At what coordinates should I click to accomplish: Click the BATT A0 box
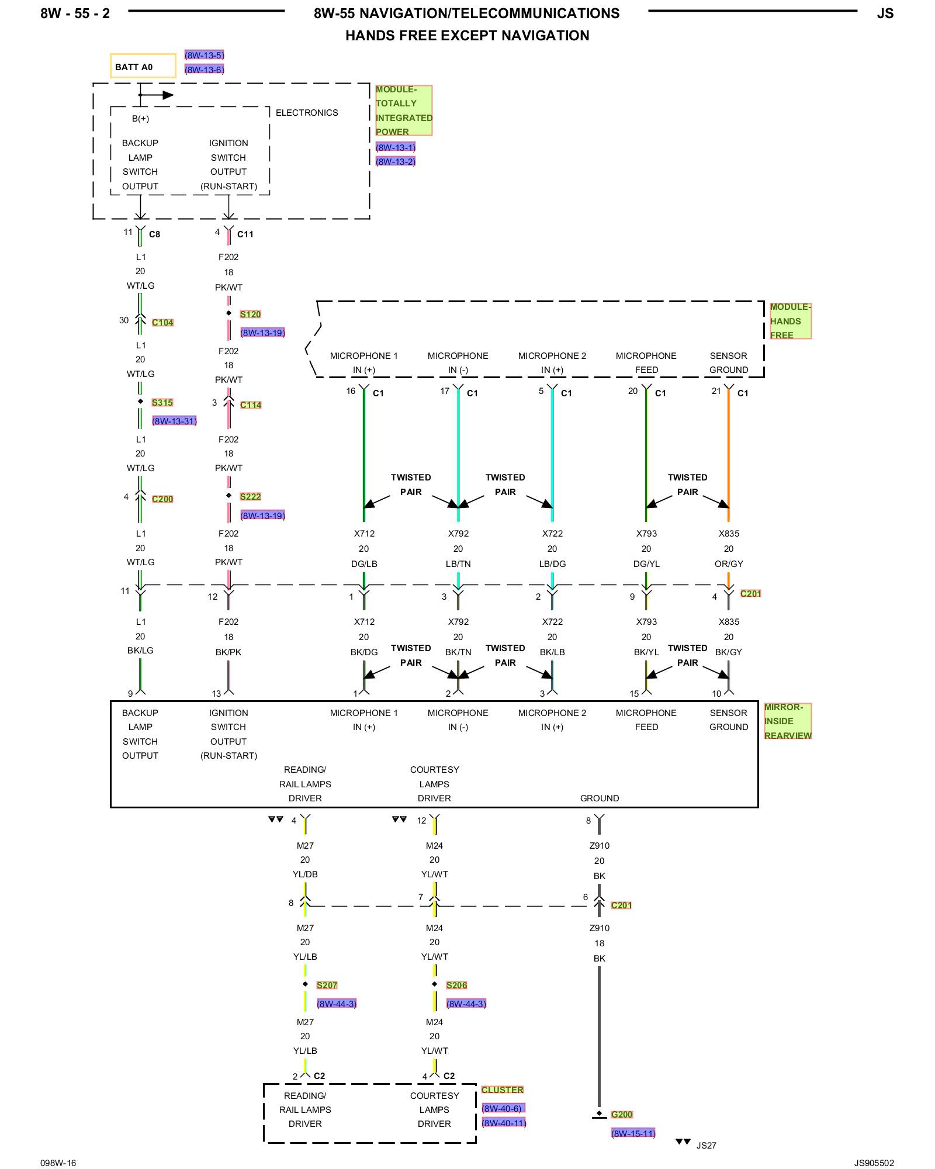point(143,66)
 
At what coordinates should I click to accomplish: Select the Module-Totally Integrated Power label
point(403,110)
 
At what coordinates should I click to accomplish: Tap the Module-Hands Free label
point(789,321)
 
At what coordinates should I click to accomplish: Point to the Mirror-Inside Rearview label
point(787,721)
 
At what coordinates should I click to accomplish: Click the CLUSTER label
point(502,1090)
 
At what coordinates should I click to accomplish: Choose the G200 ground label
point(622,1115)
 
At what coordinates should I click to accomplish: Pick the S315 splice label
point(162,403)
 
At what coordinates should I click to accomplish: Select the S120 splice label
point(250,314)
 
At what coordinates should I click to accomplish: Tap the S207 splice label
point(327,985)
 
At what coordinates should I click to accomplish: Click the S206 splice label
point(456,985)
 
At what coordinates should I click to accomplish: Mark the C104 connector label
point(162,323)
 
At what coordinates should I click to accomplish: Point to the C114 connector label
point(251,405)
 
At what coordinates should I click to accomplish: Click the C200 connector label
point(162,499)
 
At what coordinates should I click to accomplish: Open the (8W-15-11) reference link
point(633,1133)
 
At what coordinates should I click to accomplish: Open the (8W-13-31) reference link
point(174,421)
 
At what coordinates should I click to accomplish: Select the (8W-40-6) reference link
point(503,1108)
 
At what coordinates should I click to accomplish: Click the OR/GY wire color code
point(729,564)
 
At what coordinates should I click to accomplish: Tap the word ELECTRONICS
point(307,113)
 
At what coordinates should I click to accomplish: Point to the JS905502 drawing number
point(874,1163)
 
